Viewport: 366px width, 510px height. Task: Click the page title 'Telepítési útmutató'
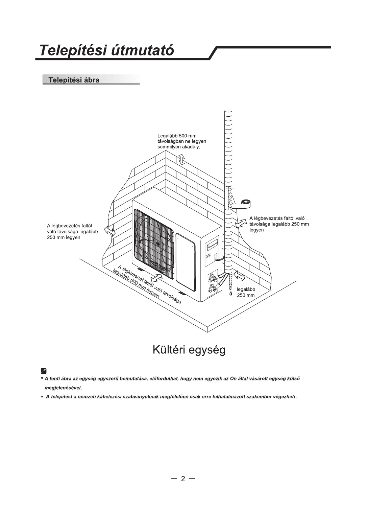coord(106,51)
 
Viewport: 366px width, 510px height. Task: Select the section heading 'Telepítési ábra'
coord(74,80)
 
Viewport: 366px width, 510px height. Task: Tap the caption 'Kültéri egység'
coord(189,349)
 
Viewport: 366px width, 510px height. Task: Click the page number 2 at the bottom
coord(183,479)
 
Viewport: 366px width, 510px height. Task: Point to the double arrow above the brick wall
coord(181,158)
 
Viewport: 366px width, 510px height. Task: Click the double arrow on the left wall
coord(109,230)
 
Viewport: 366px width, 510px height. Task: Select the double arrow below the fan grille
coord(157,278)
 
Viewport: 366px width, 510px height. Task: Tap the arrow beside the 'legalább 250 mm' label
coord(239,276)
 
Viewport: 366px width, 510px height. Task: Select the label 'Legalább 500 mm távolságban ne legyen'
coord(182,141)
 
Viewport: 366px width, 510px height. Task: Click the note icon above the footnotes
coord(44,370)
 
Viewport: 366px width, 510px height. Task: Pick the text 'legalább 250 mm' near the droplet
coord(246,292)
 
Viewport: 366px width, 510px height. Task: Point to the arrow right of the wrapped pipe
coord(241,223)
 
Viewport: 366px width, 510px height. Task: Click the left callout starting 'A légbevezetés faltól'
coord(72,231)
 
